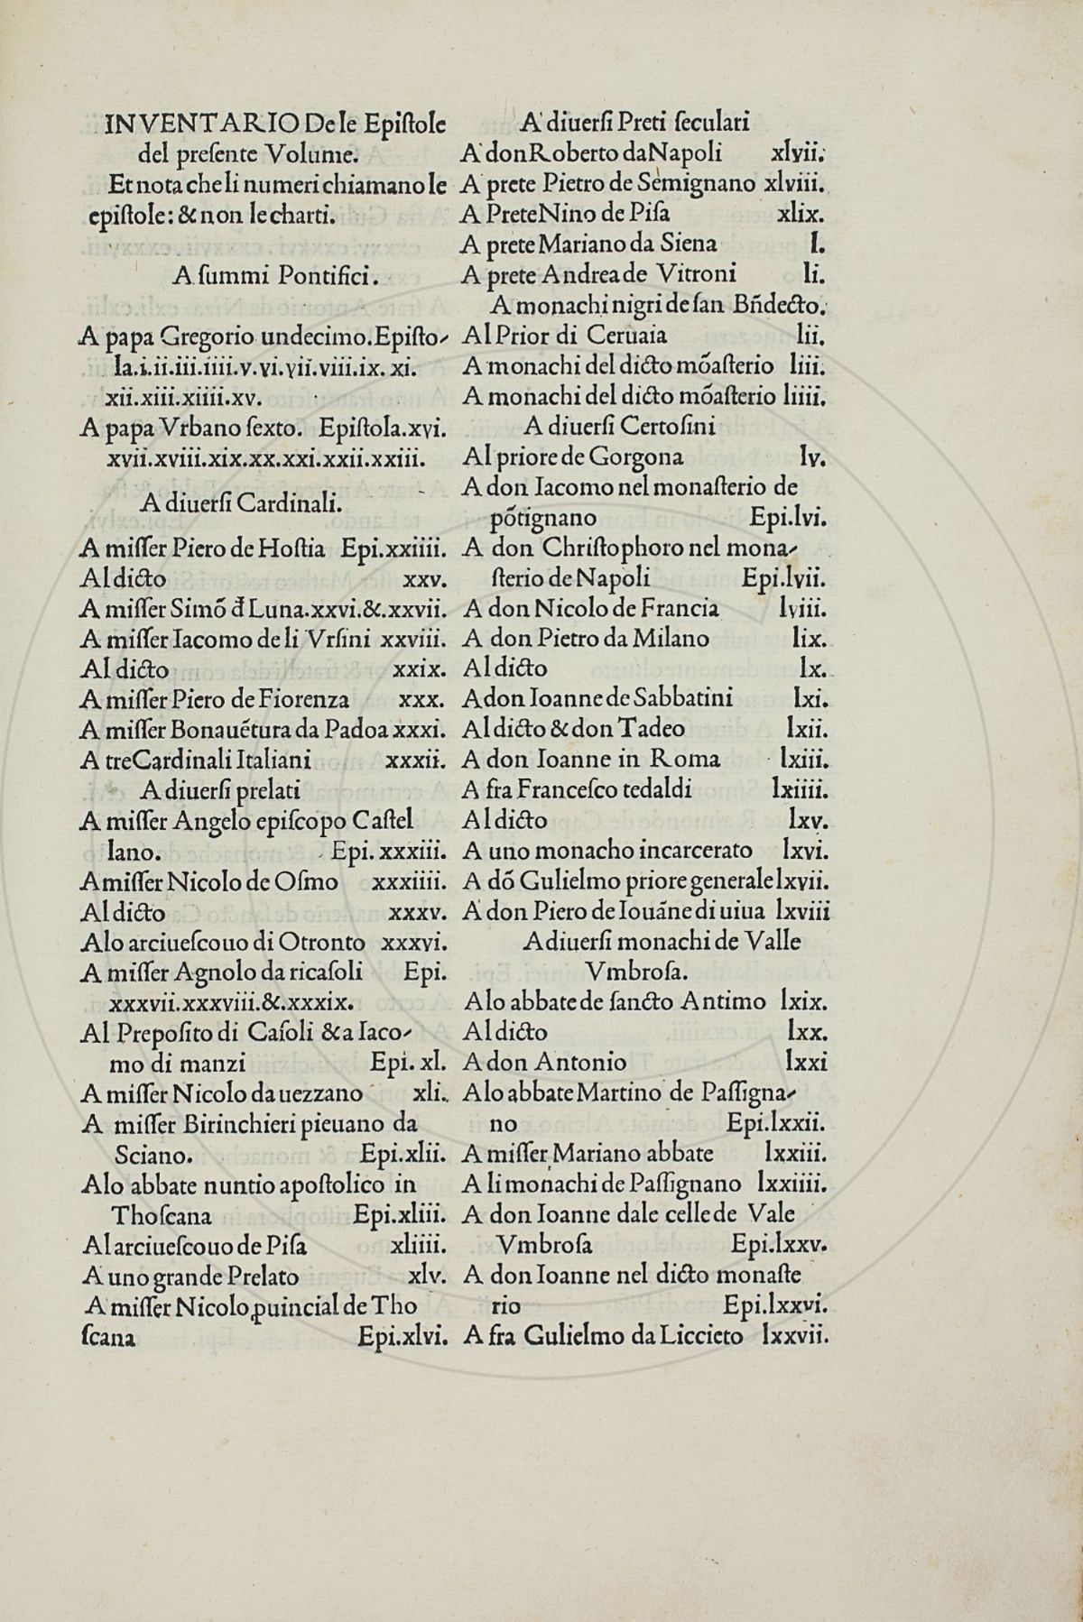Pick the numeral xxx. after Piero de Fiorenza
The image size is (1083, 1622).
(418, 698)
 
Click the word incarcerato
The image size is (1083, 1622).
(686, 850)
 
